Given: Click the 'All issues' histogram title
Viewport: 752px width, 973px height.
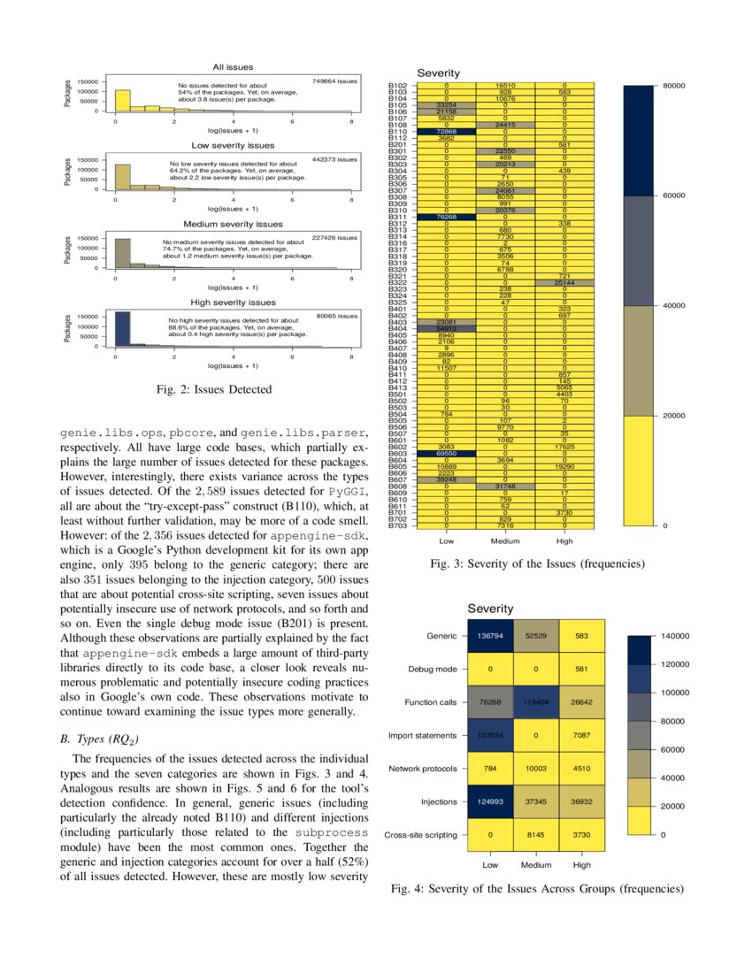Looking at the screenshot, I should pos(234,67).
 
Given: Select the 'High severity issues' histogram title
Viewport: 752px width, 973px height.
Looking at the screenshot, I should pos(234,303).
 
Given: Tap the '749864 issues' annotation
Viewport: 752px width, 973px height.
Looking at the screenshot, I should pos(335,81).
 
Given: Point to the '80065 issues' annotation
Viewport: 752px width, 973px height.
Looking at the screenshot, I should pos(337,316).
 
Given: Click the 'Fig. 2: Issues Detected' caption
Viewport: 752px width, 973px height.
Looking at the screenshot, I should pos(213,389).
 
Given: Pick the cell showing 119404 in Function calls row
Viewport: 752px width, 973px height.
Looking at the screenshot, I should pos(536,702).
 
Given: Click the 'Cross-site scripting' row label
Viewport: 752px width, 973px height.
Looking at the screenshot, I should pos(420,835).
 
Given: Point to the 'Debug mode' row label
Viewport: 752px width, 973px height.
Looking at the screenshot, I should pos(434,670).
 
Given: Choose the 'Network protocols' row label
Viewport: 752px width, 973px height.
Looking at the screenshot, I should pos(422,769).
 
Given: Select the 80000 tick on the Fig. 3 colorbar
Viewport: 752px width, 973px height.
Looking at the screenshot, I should pos(675,86).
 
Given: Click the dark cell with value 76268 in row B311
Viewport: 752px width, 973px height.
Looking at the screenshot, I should pos(446,216).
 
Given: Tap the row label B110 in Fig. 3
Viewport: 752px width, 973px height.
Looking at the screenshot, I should pos(397,132).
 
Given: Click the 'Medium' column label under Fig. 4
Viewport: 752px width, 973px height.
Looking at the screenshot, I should pos(536,865).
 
